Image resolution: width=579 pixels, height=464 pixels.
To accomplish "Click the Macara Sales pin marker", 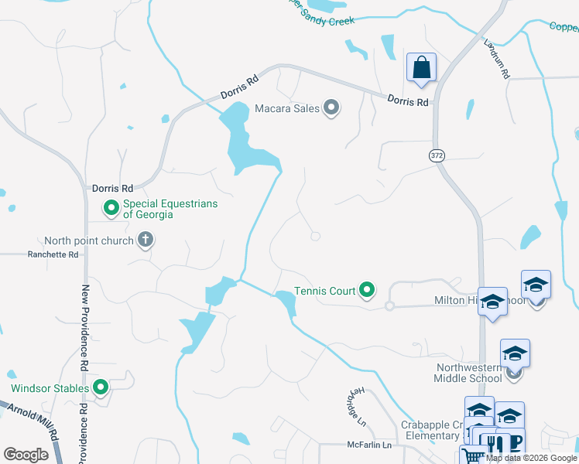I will (331, 108).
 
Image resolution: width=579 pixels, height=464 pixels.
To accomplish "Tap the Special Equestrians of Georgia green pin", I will (111, 208).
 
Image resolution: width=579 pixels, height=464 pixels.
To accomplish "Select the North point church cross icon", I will (145, 241).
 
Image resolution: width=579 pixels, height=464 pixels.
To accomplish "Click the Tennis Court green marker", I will (368, 291).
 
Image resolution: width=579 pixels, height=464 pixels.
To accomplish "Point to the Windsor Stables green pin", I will (100, 387).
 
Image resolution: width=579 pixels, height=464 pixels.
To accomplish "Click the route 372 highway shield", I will (436, 155).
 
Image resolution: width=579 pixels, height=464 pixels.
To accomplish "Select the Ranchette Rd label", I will (53, 254).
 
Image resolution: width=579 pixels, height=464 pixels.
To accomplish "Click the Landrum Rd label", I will (495, 58).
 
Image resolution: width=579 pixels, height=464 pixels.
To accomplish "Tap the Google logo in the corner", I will (26, 454).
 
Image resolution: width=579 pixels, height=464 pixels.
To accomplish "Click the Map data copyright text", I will (531, 458).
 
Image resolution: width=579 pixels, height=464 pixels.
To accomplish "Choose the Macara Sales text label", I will (287, 109).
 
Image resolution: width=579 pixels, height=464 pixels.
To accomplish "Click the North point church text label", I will (89, 241).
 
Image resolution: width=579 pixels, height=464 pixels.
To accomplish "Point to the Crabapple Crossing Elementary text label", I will (430, 431).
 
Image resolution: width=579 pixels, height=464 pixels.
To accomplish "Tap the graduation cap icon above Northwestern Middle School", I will (515, 353).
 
